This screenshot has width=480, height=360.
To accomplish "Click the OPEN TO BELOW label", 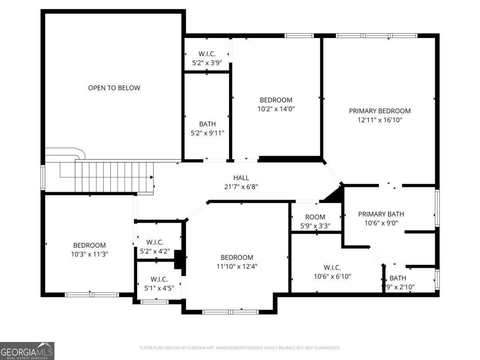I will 114,88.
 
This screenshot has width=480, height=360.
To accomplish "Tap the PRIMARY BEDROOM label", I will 380,111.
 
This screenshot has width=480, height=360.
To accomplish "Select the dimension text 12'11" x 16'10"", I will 380,120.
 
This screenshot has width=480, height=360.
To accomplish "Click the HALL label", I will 241,178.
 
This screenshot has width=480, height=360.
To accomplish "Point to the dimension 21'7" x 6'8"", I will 241,186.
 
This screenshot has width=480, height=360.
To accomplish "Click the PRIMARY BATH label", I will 381,214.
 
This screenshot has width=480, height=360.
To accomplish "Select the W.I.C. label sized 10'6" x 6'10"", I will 332,268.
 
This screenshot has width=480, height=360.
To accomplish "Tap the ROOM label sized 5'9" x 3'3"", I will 315,217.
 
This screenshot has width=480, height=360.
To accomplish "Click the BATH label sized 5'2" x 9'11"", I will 207,124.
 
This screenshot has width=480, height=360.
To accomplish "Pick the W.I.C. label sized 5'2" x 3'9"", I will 207,54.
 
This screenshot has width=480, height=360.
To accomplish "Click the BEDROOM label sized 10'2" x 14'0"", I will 276,100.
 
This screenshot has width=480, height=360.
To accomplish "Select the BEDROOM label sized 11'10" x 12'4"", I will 237,258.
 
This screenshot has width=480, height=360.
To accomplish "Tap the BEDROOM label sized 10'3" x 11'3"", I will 89,245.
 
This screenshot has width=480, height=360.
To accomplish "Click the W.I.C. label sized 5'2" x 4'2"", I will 155,242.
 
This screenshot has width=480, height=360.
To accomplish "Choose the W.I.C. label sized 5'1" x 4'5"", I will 159,279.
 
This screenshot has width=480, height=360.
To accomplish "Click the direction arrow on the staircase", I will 151,177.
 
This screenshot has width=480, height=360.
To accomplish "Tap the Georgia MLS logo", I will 27,351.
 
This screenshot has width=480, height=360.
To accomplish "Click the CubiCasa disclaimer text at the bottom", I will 240,348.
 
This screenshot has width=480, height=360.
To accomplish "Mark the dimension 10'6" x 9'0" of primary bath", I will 381,223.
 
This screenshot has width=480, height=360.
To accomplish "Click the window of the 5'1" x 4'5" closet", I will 155,302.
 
